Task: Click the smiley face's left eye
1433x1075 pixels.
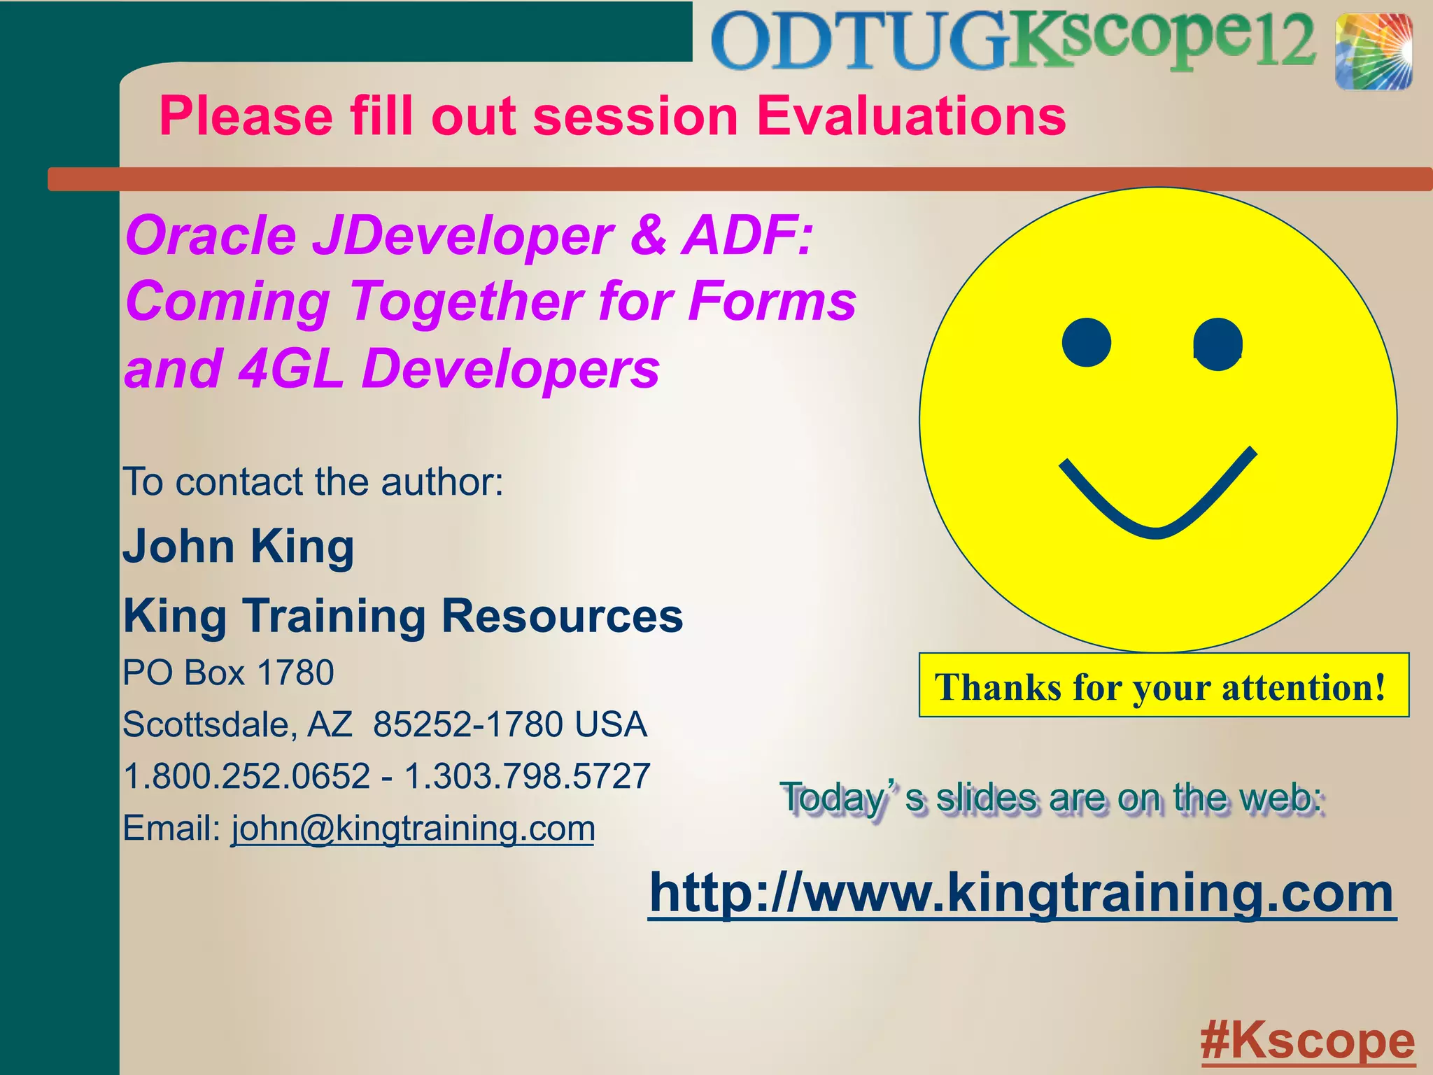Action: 1086,342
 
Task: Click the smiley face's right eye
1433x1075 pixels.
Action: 1217,344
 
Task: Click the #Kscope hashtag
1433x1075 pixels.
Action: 1307,1041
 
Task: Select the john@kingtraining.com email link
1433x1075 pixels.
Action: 413,829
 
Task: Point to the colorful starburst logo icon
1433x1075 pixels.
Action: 1373,52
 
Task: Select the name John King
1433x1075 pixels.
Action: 239,547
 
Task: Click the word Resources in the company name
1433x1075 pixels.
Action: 562,617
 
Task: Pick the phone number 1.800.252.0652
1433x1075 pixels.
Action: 247,776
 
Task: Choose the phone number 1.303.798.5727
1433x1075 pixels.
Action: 528,776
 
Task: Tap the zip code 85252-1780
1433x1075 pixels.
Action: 468,724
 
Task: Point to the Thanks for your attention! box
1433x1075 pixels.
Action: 1163,686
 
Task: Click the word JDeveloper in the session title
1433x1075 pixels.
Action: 463,237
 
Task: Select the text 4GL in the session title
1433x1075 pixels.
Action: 290,369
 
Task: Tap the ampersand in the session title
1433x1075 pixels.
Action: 648,235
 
